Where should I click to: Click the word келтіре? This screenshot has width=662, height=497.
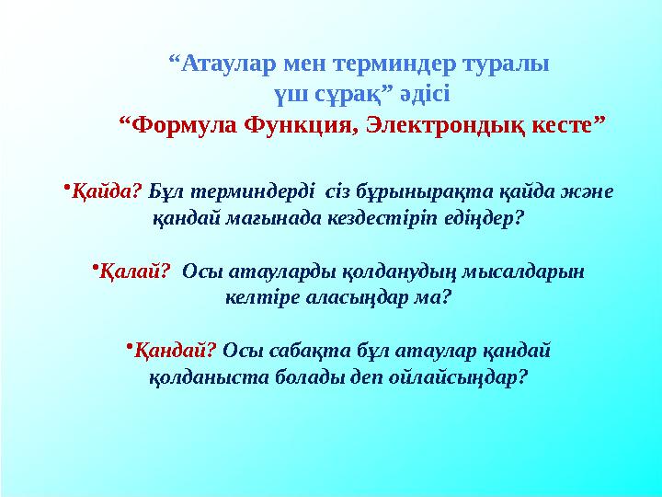pyautogui.click(x=257, y=298)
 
